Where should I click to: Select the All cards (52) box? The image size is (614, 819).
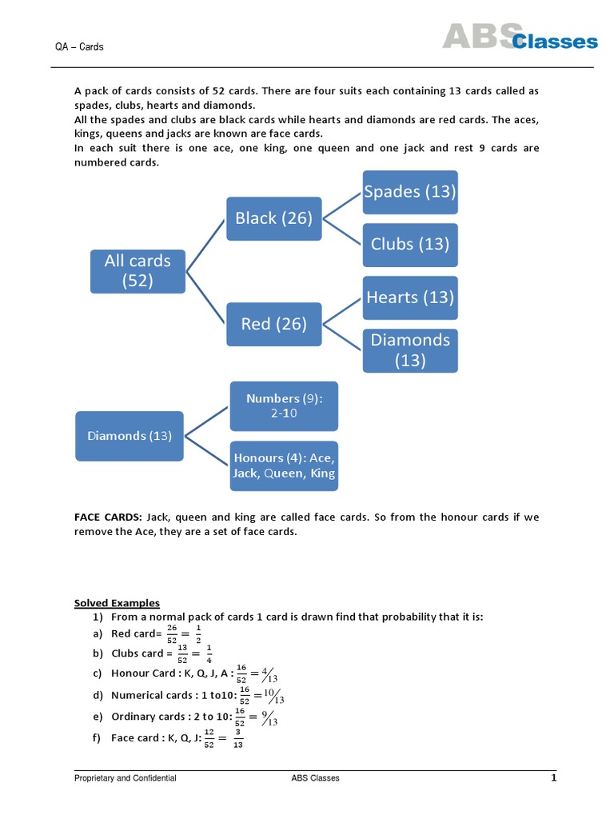tap(138, 270)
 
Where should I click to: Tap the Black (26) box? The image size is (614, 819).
tap(273, 218)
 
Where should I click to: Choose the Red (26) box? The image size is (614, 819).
tap(273, 324)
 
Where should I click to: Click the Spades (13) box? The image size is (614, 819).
tap(410, 192)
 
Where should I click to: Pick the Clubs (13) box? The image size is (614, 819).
tap(410, 244)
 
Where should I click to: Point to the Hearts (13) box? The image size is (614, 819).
tap(410, 298)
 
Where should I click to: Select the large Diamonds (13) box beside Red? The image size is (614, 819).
tap(410, 350)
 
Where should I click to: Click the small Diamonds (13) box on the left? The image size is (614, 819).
tap(130, 436)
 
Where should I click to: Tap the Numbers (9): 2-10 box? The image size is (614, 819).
tap(284, 406)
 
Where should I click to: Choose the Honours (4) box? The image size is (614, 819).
tap(284, 465)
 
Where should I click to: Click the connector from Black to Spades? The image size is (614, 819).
tap(342, 205)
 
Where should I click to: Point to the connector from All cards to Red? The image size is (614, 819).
tap(205, 298)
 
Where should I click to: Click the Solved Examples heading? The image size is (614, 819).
tap(117, 603)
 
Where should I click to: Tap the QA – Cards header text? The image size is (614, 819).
tap(79, 47)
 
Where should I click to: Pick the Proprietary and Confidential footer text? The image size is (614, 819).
tap(126, 778)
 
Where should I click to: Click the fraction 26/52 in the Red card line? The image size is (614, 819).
tap(172, 633)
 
